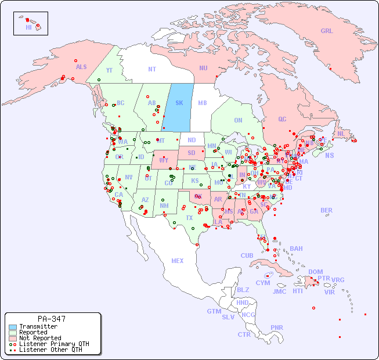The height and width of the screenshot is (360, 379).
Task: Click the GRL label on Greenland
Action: tap(327, 31)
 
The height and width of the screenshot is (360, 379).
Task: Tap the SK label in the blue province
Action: tap(179, 103)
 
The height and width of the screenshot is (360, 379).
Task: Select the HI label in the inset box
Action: tap(28, 27)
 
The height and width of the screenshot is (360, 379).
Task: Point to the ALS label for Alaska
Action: tap(81, 67)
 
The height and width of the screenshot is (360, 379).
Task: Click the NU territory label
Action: tap(203, 68)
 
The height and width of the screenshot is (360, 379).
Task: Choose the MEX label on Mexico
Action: tap(178, 261)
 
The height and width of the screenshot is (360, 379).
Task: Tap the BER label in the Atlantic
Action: tap(327, 210)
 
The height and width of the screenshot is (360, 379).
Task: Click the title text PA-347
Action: tap(52, 319)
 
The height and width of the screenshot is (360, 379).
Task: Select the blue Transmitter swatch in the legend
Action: tap(13, 327)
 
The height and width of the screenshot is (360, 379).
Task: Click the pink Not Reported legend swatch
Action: tap(13, 338)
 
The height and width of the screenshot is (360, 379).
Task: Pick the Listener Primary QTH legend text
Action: tap(54, 344)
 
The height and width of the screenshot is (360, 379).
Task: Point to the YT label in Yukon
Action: tap(109, 70)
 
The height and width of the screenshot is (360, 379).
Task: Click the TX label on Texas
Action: tap(189, 218)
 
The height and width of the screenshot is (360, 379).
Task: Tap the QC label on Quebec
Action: tap(282, 119)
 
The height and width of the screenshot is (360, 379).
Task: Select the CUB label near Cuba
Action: tap(247, 255)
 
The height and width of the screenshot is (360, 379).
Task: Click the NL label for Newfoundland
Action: tap(341, 134)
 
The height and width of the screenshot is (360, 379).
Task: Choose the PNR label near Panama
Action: tap(277, 327)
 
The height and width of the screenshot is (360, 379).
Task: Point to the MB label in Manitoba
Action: tap(202, 103)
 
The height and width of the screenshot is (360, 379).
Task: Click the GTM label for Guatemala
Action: tap(214, 311)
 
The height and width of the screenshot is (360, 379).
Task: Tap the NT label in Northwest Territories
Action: tap(152, 69)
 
